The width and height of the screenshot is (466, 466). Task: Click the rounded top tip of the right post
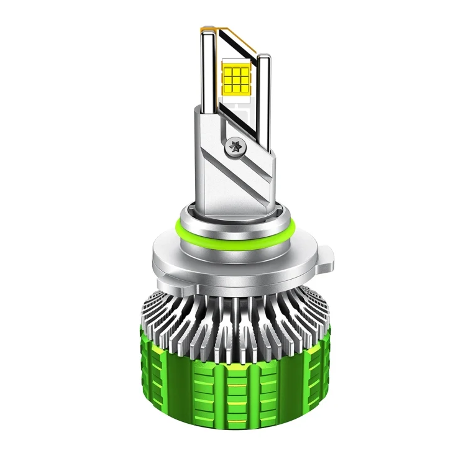[x=263, y=57]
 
